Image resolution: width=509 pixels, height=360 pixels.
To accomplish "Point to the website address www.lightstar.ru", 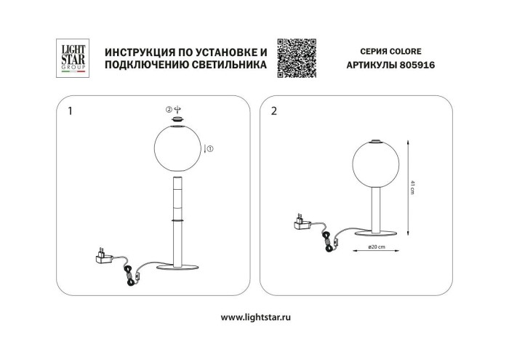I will click(x=254, y=317).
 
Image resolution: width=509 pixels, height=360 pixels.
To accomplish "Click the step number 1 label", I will click(x=70, y=112).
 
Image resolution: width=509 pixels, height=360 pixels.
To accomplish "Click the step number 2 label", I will click(x=273, y=112).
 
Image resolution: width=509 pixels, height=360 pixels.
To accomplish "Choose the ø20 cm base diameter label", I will click(x=376, y=248).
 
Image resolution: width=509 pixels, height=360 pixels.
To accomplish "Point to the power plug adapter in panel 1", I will click(x=103, y=256).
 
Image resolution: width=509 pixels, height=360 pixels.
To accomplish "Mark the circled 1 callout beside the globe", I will click(x=210, y=149).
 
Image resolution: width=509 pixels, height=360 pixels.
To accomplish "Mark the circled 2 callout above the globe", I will click(x=169, y=110).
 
